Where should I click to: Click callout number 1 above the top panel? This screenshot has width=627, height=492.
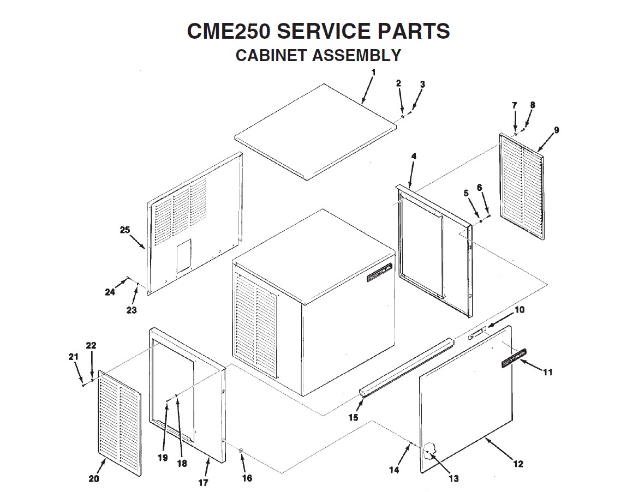(x=373, y=72)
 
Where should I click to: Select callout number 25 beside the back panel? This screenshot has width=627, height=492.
(x=125, y=230)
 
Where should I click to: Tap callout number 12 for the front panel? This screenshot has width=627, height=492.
(x=518, y=464)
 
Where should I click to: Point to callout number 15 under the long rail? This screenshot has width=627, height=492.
(x=353, y=418)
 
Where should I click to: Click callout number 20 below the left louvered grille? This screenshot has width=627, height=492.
(x=94, y=479)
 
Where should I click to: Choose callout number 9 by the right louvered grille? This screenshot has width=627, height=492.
(x=556, y=130)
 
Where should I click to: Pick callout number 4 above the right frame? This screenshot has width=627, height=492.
(x=414, y=157)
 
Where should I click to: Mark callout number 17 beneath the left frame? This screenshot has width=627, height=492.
(x=203, y=482)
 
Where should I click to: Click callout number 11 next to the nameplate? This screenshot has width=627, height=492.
(x=548, y=372)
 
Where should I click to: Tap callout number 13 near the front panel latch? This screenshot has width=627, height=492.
(x=453, y=479)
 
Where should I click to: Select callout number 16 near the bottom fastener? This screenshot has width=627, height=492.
(x=247, y=478)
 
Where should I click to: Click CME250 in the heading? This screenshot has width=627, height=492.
(x=228, y=31)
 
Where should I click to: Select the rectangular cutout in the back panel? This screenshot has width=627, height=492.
(x=184, y=254)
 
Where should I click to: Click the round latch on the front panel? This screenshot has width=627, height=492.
(x=430, y=451)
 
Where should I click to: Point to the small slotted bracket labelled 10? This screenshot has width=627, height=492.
(x=476, y=334)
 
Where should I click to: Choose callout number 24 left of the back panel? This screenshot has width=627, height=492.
(x=110, y=292)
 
